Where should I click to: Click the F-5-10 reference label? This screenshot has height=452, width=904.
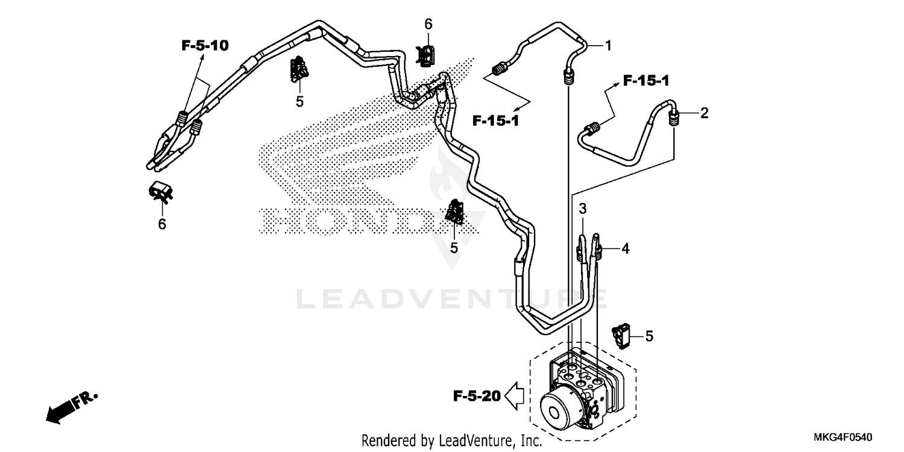tap(205, 45)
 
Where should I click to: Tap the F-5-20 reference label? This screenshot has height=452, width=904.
tap(477, 396)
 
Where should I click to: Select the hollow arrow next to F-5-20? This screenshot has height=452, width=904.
tap(515, 396)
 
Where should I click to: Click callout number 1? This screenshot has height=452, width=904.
tap(608, 45)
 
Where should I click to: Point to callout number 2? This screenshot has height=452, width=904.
tap(703, 113)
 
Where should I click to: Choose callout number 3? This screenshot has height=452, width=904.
tap(583, 209)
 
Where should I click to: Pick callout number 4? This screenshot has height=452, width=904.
tap(625, 248)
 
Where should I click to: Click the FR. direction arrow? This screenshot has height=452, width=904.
tap(69, 407)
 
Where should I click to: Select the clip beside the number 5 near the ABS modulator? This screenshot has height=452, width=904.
tap(622, 334)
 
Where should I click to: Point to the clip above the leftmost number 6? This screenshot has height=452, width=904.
tap(161, 191)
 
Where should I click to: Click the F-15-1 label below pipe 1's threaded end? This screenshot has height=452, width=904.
tap(495, 121)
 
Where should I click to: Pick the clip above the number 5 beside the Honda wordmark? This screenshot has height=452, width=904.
tap(455, 212)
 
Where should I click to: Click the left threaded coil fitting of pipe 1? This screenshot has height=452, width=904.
tap(499, 69)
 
